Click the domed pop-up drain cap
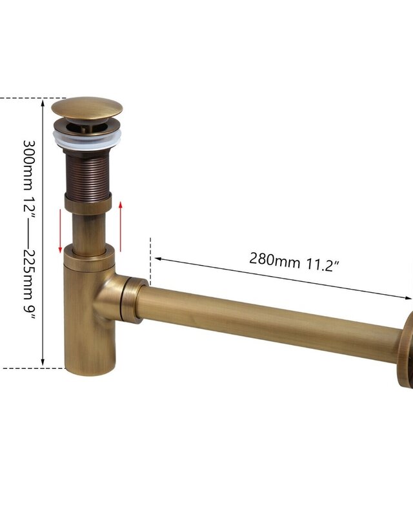[87, 108]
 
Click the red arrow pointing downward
[60, 231]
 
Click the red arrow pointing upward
[121, 226]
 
